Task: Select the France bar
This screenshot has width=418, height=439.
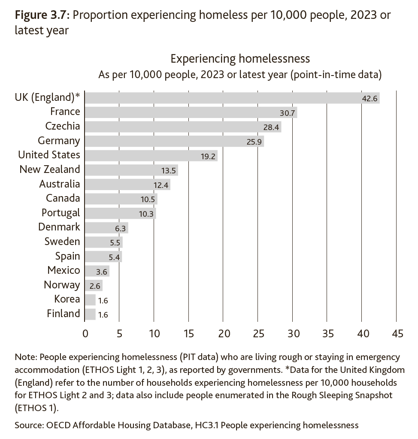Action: tap(191, 112)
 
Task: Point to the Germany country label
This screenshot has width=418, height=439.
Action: tap(59, 141)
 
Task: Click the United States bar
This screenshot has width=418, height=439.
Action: tap(151, 155)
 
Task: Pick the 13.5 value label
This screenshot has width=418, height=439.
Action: tap(169, 170)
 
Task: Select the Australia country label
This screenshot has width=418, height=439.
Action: tap(59, 184)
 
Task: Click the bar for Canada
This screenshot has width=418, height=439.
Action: tap(121, 199)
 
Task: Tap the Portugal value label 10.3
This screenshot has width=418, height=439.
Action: tap(146, 214)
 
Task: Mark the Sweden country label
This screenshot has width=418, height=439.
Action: tap(62, 242)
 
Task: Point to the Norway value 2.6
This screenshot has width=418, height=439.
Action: tap(94, 286)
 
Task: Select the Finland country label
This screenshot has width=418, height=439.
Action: tap(63, 314)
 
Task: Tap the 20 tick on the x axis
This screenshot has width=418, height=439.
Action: tap(224, 333)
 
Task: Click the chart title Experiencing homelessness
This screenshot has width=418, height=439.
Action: tap(240, 59)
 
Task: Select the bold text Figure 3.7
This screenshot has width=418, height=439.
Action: tap(41, 16)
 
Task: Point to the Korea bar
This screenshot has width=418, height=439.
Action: tap(90, 300)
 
